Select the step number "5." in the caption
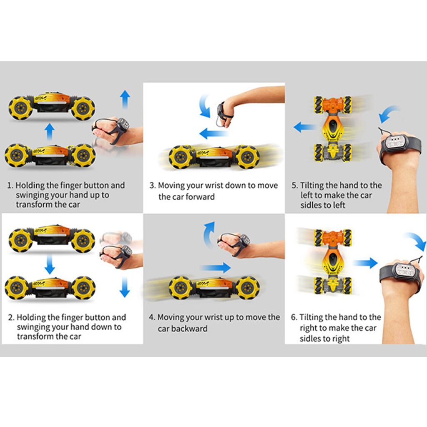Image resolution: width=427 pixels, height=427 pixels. [x=295, y=186]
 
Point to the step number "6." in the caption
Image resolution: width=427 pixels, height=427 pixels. [x=294, y=317]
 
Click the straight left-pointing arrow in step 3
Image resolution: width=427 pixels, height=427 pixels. [x=214, y=133]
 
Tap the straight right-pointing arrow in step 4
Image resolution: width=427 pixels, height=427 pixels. [x=216, y=267]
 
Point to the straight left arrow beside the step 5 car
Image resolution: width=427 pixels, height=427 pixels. [x=305, y=127]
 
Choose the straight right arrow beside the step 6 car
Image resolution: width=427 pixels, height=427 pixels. [x=365, y=263]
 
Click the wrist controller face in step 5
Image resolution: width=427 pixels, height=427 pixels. [x=394, y=142]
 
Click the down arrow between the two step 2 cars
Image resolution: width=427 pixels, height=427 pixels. [x=50, y=264]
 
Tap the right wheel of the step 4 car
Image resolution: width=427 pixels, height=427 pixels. [x=248, y=288]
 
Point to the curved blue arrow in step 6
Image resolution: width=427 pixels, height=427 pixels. [x=417, y=240]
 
